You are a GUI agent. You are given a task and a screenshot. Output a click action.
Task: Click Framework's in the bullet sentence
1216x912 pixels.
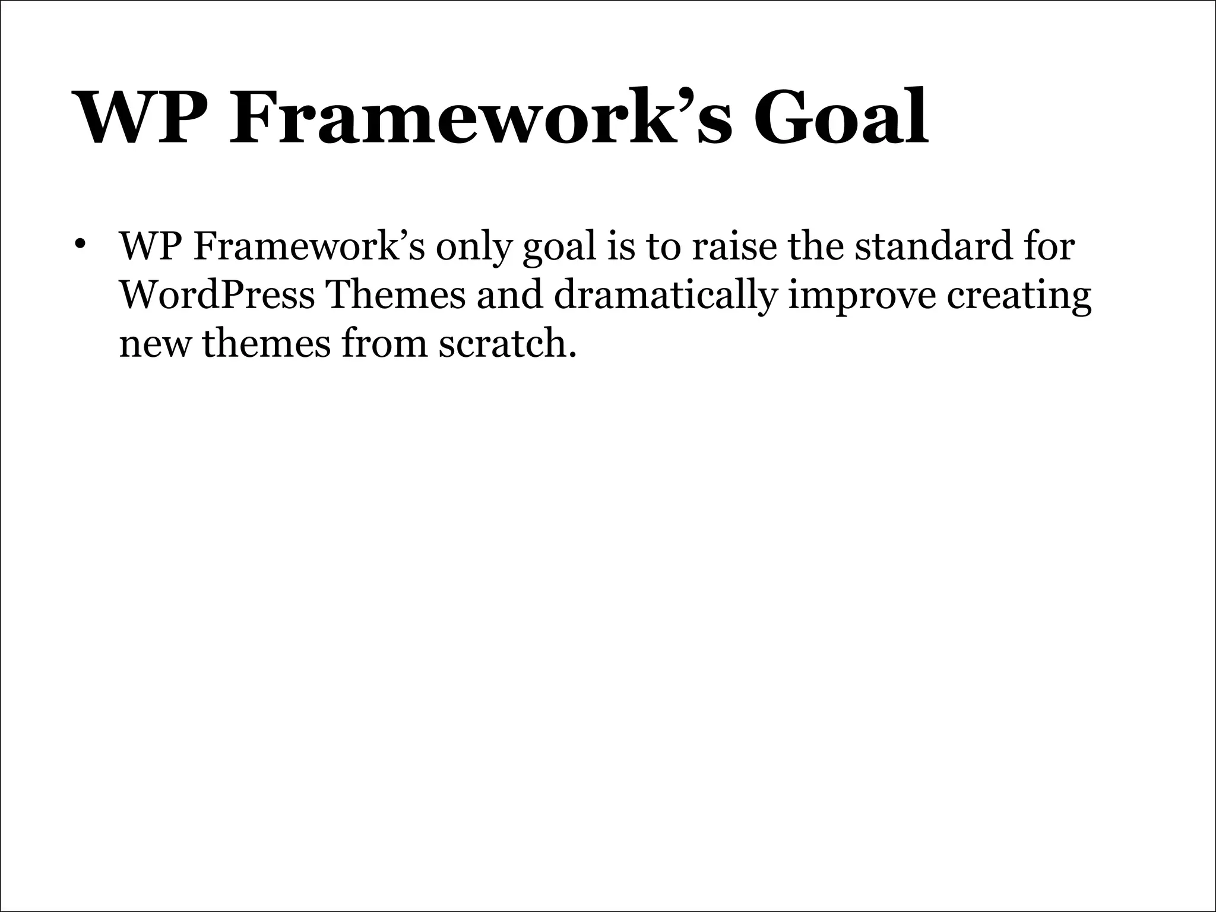click(309, 245)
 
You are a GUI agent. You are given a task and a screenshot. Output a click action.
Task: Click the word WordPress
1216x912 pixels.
click(217, 294)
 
